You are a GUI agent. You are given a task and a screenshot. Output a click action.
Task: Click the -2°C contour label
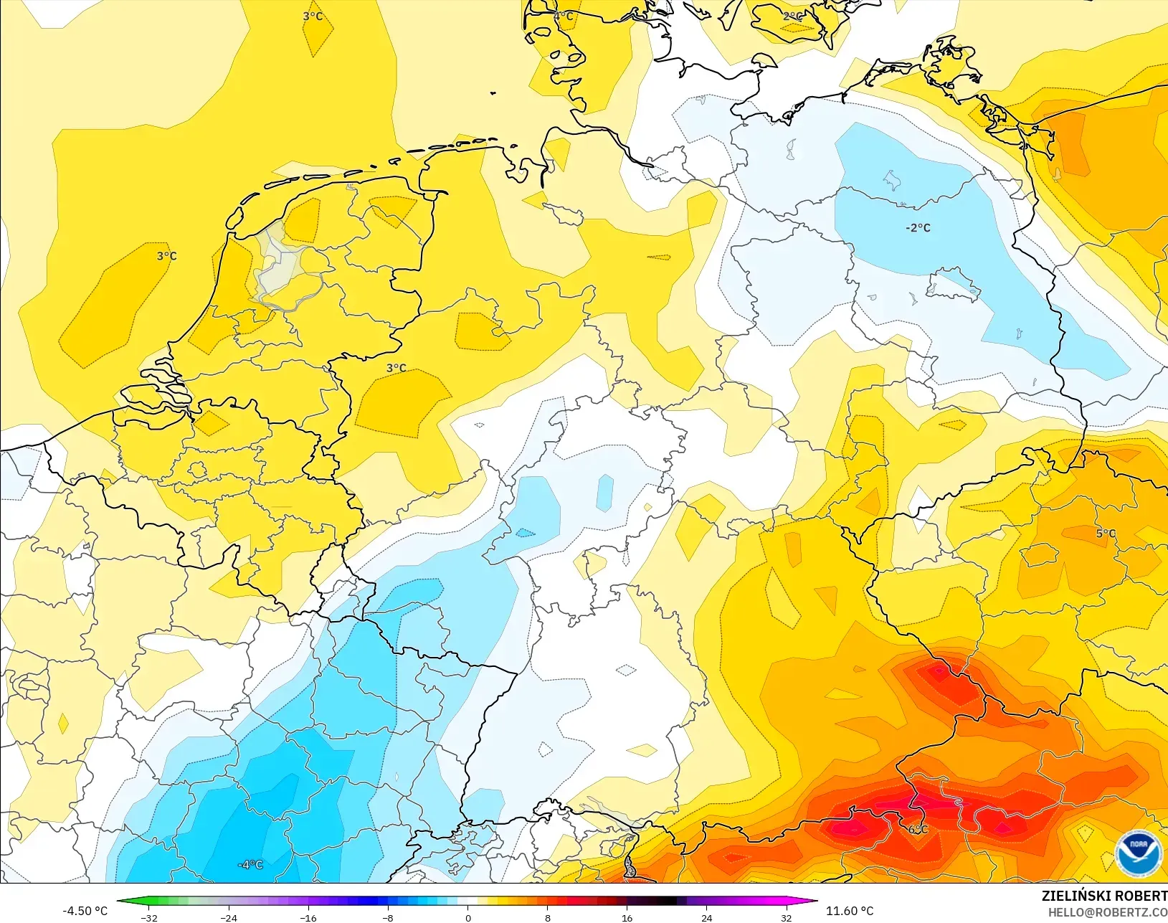(x=918, y=228)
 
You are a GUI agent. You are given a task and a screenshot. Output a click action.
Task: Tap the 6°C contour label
(x=918, y=830)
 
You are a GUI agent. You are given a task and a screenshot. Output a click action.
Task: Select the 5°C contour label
(x=1106, y=534)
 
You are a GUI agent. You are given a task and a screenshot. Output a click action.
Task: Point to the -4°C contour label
(x=250, y=865)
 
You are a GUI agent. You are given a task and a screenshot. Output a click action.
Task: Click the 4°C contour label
(x=563, y=16)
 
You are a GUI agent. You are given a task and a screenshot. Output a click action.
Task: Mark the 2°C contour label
(x=793, y=16)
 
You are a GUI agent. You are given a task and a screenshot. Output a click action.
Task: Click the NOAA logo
(x=1138, y=852)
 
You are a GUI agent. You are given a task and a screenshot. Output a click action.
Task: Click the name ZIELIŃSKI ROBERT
(x=1104, y=896)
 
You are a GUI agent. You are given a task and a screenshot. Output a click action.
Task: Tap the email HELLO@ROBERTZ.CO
(x=1107, y=912)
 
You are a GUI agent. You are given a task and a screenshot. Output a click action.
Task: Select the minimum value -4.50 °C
(x=85, y=911)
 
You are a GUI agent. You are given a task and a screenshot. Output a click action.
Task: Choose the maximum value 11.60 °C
(x=850, y=911)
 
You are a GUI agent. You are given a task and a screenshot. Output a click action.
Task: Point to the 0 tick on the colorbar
(x=467, y=918)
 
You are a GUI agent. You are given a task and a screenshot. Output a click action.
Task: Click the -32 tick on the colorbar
(x=148, y=918)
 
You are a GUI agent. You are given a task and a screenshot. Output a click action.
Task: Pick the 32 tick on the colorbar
(x=786, y=918)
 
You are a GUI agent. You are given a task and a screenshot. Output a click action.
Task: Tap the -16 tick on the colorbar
(x=308, y=918)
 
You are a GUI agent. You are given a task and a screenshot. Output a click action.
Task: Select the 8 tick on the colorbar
(x=547, y=918)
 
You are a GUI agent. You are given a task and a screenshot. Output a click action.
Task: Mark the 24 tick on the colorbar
(x=706, y=918)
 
